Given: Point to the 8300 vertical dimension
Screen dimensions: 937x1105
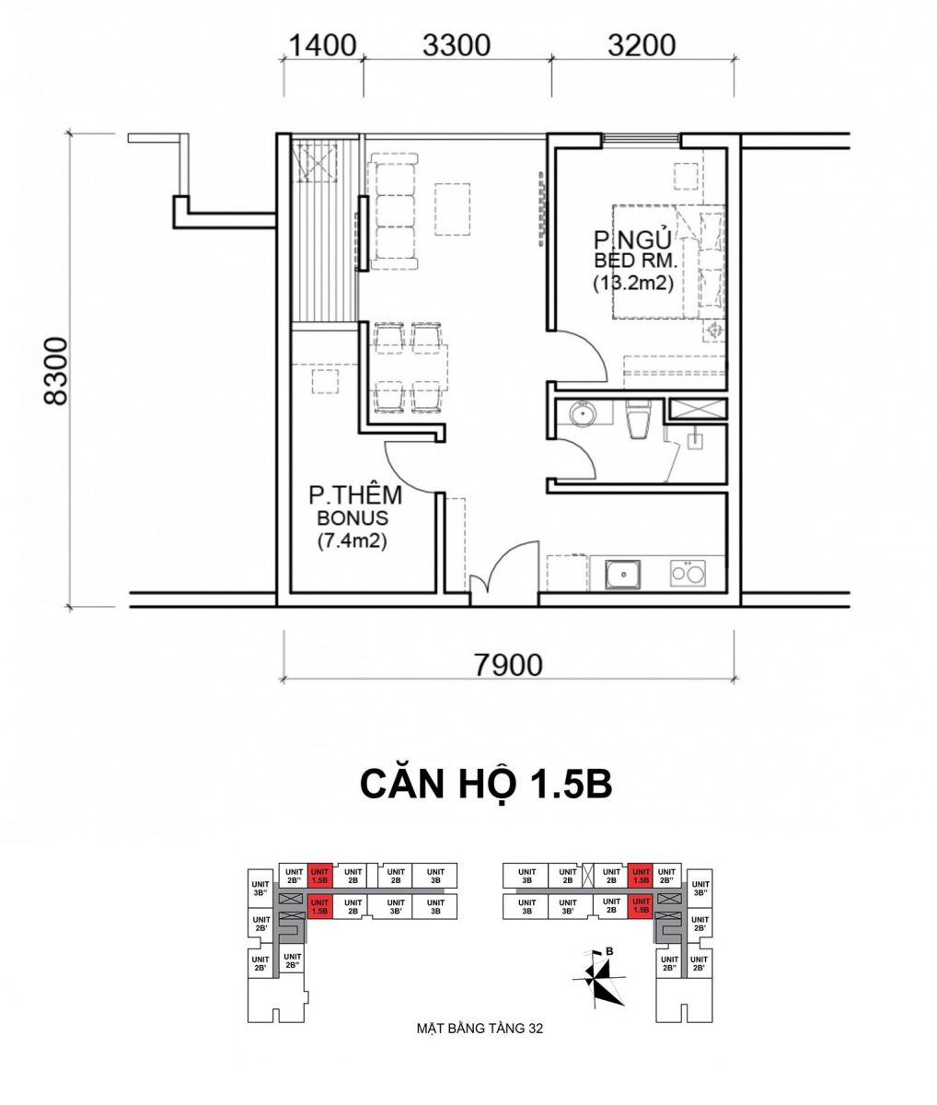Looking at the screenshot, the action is click(x=57, y=371).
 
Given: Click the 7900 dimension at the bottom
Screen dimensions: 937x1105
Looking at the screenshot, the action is click(x=508, y=666).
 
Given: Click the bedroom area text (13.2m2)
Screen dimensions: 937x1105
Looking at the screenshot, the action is click(x=633, y=284).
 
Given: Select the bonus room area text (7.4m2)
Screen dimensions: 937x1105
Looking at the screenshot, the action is click(x=352, y=541).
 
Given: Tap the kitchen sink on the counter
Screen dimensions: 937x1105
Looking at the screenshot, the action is click(x=623, y=575).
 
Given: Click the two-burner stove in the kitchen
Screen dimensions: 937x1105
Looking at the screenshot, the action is click(x=688, y=573).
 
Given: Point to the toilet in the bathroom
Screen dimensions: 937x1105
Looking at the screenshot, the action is click(x=638, y=419).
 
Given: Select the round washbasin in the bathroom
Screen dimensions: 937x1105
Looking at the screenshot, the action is click(x=582, y=413).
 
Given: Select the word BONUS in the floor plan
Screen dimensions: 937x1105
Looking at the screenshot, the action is click(x=353, y=518).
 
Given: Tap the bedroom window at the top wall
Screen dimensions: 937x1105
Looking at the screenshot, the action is click(x=642, y=140).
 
